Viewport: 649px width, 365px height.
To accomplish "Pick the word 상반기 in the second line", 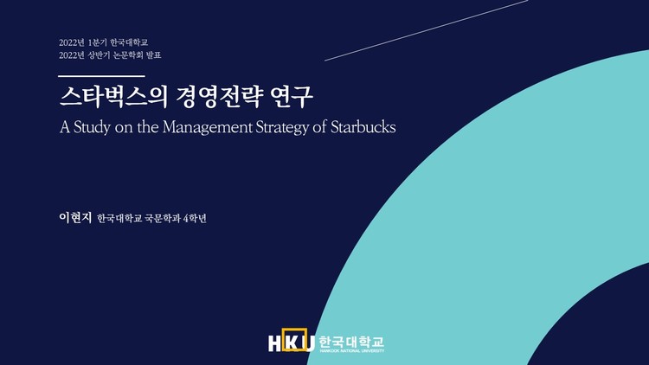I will click(104, 55).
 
